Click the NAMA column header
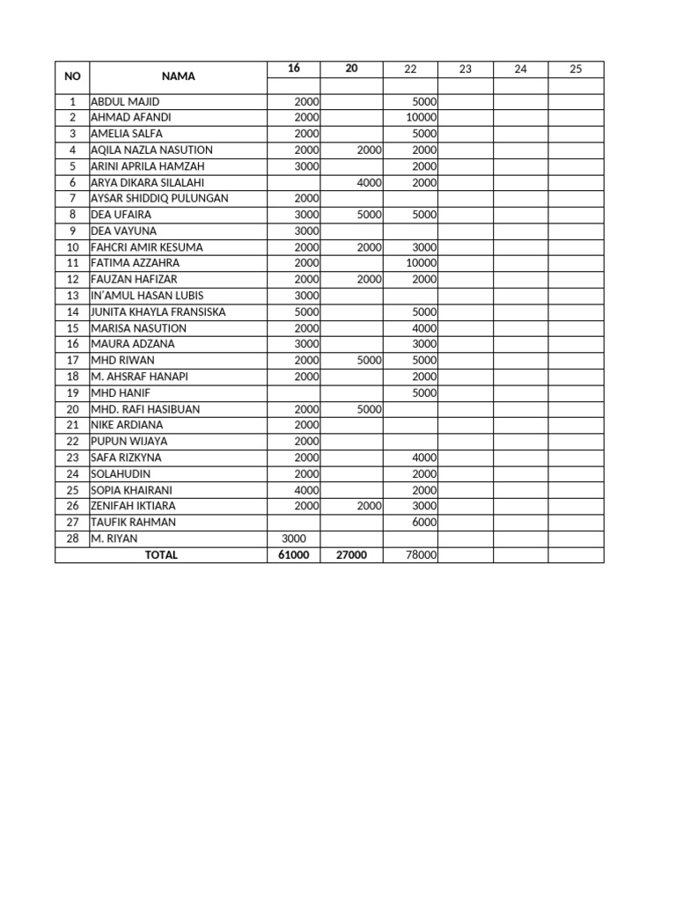[x=178, y=77]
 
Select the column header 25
[x=576, y=69]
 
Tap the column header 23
[x=465, y=69]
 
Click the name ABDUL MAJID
[x=125, y=102]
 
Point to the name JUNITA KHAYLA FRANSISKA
[x=158, y=311]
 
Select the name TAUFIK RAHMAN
[x=133, y=522]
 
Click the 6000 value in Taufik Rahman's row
[x=424, y=522]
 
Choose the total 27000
[x=351, y=555]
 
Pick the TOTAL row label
[x=161, y=555]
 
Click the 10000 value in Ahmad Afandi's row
[x=421, y=118]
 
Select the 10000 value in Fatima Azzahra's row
[x=421, y=263]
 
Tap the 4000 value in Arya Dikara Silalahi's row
[x=369, y=183]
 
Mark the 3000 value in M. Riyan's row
[x=294, y=538]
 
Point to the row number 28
[x=72, y=538]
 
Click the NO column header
[x=72, y=77]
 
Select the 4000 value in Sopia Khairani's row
[x=306, y=490]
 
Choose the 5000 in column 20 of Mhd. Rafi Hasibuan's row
[x=369, y=409]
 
